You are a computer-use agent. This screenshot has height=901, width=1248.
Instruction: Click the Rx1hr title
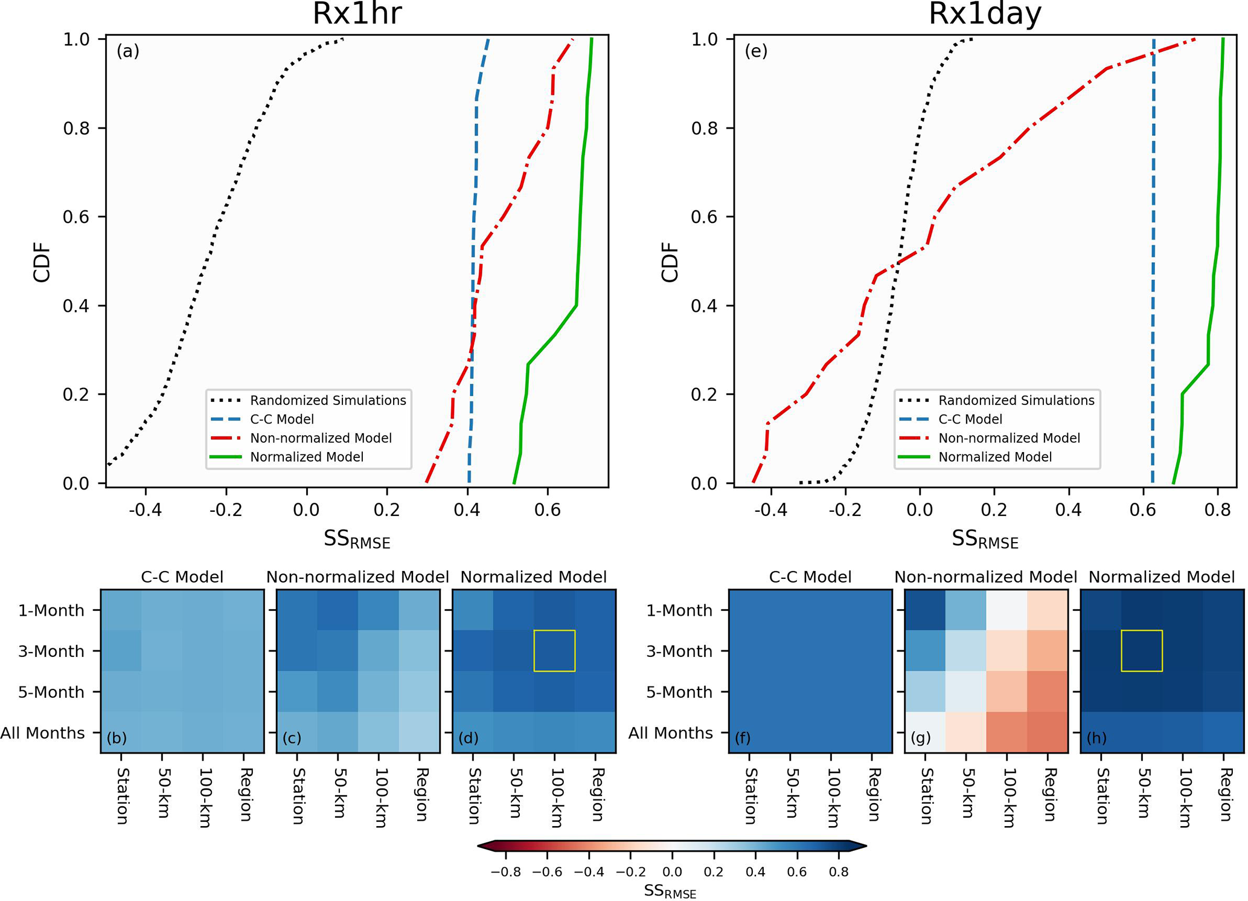357,15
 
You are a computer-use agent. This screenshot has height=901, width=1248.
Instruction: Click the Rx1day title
985,15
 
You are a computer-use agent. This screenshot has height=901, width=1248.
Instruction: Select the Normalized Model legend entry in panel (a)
307,457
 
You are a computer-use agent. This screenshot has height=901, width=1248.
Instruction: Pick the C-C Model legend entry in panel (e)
970,419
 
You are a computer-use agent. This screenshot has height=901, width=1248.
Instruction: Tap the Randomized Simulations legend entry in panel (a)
328,401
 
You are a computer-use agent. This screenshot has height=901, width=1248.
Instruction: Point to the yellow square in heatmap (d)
554,651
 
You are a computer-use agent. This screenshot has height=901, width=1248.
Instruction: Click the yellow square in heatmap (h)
1141,651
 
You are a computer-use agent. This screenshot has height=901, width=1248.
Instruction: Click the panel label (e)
756,51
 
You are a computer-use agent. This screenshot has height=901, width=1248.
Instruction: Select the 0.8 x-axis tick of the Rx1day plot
1217,510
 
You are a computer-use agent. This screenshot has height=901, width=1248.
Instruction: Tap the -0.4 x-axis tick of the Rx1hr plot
145,510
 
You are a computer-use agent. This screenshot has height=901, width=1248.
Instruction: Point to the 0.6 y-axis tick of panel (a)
76,217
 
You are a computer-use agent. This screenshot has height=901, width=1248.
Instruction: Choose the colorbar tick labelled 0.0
671,872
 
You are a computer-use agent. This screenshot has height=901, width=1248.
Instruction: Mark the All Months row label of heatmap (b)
43,733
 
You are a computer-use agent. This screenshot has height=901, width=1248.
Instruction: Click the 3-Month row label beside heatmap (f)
679,651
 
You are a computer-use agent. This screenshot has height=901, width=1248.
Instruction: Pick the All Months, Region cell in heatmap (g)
1048,732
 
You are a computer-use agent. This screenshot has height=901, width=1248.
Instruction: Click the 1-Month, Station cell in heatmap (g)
924,610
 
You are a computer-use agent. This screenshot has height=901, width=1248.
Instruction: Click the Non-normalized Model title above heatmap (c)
357,577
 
